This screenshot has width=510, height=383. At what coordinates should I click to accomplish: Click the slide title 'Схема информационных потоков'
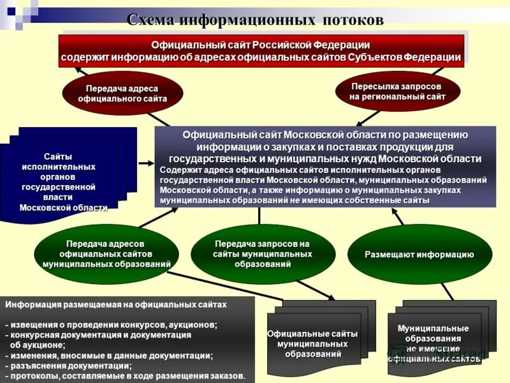[255, 20]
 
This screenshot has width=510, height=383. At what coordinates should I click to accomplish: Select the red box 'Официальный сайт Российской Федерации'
[261, 51]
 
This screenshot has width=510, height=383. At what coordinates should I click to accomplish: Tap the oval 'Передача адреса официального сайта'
[122, 93]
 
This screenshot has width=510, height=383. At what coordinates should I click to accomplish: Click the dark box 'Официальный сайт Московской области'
[325, 166]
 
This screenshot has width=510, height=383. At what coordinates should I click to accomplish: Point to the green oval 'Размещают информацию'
[419, 254]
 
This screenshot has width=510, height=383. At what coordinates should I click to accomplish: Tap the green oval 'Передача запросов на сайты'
[262, 254]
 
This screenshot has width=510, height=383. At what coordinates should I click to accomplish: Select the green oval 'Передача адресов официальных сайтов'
[106, 254]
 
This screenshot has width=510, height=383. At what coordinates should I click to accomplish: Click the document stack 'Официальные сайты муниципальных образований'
[312, 343]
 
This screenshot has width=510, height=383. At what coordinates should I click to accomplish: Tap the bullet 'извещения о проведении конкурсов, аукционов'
[112, 325]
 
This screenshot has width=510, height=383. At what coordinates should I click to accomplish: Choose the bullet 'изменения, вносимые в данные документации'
[109, 356]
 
